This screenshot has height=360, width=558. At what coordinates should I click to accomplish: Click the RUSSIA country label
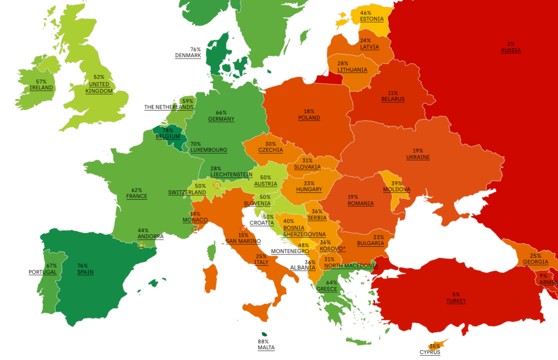[510, 50]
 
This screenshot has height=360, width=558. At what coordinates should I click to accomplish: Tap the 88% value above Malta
[263, 342]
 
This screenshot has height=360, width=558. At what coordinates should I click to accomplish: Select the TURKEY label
[456, 301]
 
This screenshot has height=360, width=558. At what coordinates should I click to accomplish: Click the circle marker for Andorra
[141, 245]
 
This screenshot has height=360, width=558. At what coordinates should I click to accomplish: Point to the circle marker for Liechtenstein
[217, 185]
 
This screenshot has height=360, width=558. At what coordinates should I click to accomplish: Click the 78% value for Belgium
[168, 131]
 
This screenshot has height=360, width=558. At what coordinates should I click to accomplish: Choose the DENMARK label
[188, 56]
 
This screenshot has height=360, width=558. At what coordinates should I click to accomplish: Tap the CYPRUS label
[430, 352]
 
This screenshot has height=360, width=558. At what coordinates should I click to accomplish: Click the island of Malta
[264, 335]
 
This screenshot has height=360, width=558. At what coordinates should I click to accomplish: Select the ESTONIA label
[371, 19]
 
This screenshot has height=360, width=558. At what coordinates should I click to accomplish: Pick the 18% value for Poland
[309, 112]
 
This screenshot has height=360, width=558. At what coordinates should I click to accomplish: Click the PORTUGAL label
[42, 272]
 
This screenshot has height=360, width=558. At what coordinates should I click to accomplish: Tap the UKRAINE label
[418, 157]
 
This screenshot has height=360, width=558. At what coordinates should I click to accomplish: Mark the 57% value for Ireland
[41, 82]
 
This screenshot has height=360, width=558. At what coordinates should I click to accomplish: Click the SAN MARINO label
[243, 241]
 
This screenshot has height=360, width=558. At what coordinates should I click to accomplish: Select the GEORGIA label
[535, 262]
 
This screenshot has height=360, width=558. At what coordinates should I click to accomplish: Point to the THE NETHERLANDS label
[168, 107]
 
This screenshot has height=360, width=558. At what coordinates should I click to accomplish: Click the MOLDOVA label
[396, 190]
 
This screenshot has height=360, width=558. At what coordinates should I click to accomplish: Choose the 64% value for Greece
[331, 283]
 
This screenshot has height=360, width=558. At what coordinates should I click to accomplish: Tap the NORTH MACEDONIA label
[351, 266]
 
